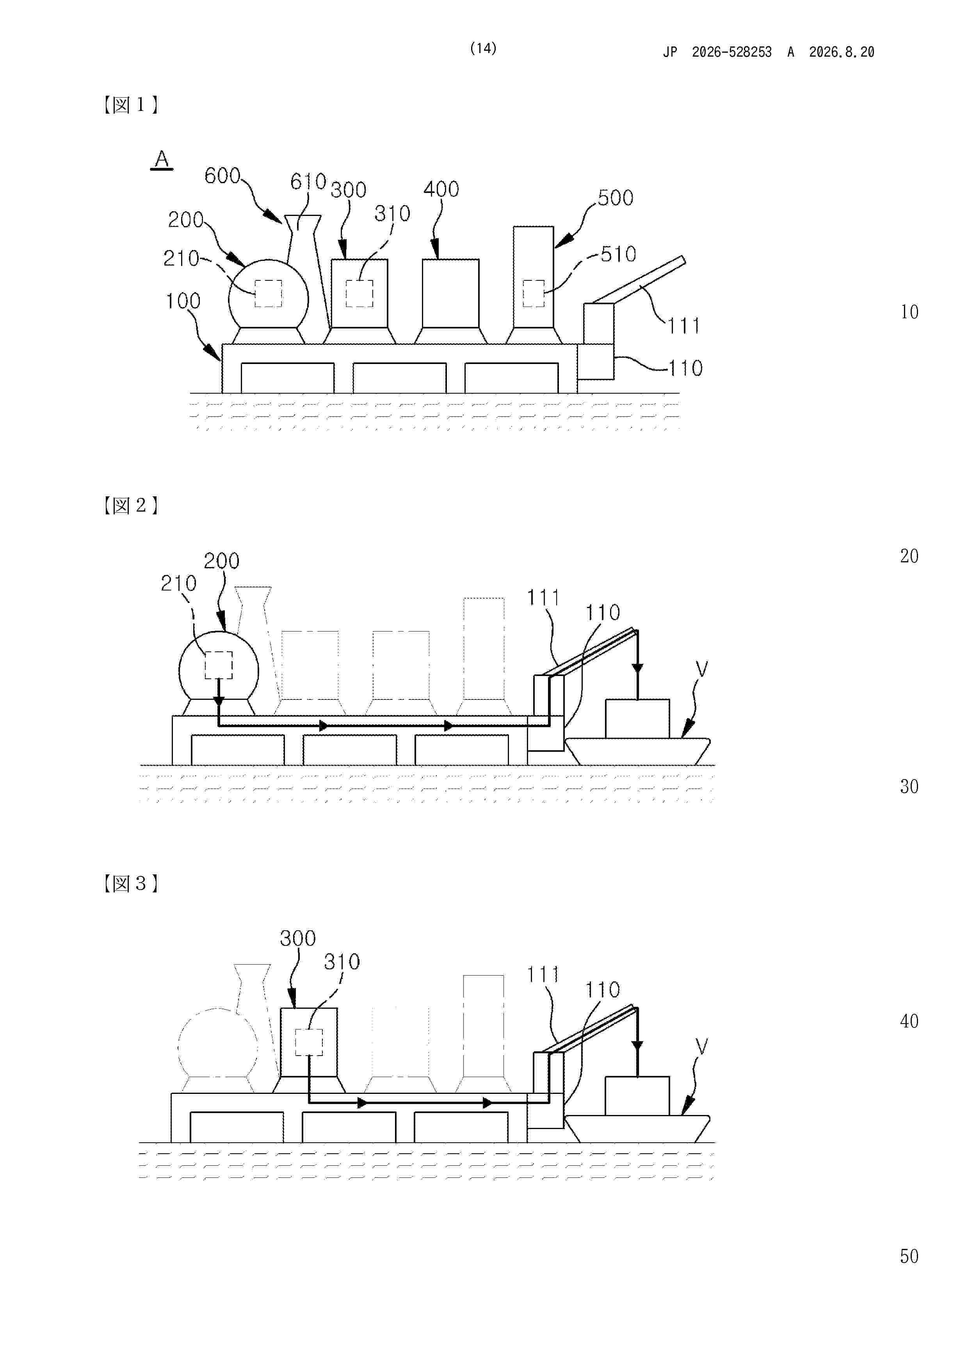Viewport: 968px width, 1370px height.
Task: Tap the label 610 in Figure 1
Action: click(x=308, y=181)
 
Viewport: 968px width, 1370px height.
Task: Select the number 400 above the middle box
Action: click(x=441, y=189)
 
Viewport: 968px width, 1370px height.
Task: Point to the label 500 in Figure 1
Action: click(x=616, y=198)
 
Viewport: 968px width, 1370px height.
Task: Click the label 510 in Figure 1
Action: click(x=619, y=254)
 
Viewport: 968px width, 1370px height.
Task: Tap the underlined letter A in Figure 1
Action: click(x=162, y=159)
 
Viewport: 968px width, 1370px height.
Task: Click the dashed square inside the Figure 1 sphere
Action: click(x=269, y=294)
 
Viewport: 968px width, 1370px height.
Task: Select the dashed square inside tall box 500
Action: click(x=534, y=294)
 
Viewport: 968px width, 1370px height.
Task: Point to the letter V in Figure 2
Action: click(x=702, y=669)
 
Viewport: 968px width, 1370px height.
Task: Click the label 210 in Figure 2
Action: click(x=178, y=583)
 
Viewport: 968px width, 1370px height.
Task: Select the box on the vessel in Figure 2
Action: click(x=637, y=719)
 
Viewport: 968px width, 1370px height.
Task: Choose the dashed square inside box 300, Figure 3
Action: click(x=309, y=1042)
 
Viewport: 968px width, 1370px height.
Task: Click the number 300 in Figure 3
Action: click(x=297, y=938)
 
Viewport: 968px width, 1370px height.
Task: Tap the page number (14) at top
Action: click(x=483, y=48)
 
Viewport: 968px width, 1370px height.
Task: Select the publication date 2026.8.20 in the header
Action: click(x=842, y=52)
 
